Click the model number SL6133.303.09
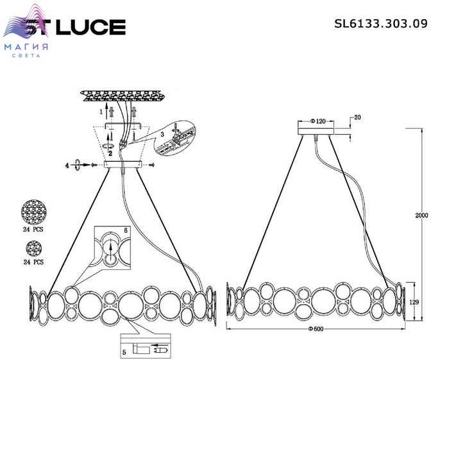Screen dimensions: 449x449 coord(381,24)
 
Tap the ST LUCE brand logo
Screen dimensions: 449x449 coord(64,26)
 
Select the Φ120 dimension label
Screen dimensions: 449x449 coord(318,121)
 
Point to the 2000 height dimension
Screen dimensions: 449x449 coord(421,216)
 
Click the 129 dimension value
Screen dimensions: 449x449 coord(414,302)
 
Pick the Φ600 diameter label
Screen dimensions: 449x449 coord(316,329)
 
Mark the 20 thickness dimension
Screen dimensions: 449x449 coord(357,117)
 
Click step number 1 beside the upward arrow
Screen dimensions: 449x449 coord(101,112)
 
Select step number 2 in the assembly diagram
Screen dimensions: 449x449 coord(110,153)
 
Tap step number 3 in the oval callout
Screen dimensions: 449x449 coord(162,134)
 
